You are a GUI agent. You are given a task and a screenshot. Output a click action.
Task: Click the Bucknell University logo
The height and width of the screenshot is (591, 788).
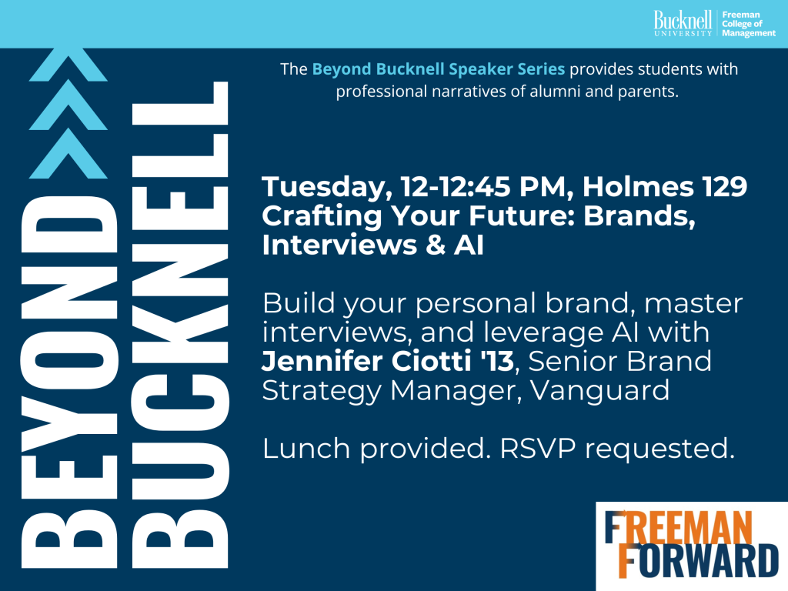pos(683,23)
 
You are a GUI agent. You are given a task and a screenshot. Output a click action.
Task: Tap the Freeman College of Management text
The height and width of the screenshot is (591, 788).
pos(749,24)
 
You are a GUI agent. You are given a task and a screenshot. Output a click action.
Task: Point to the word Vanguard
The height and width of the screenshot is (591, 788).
pos(600,391)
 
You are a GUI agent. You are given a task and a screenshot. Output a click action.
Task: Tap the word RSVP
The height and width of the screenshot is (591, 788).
pos(538,448)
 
